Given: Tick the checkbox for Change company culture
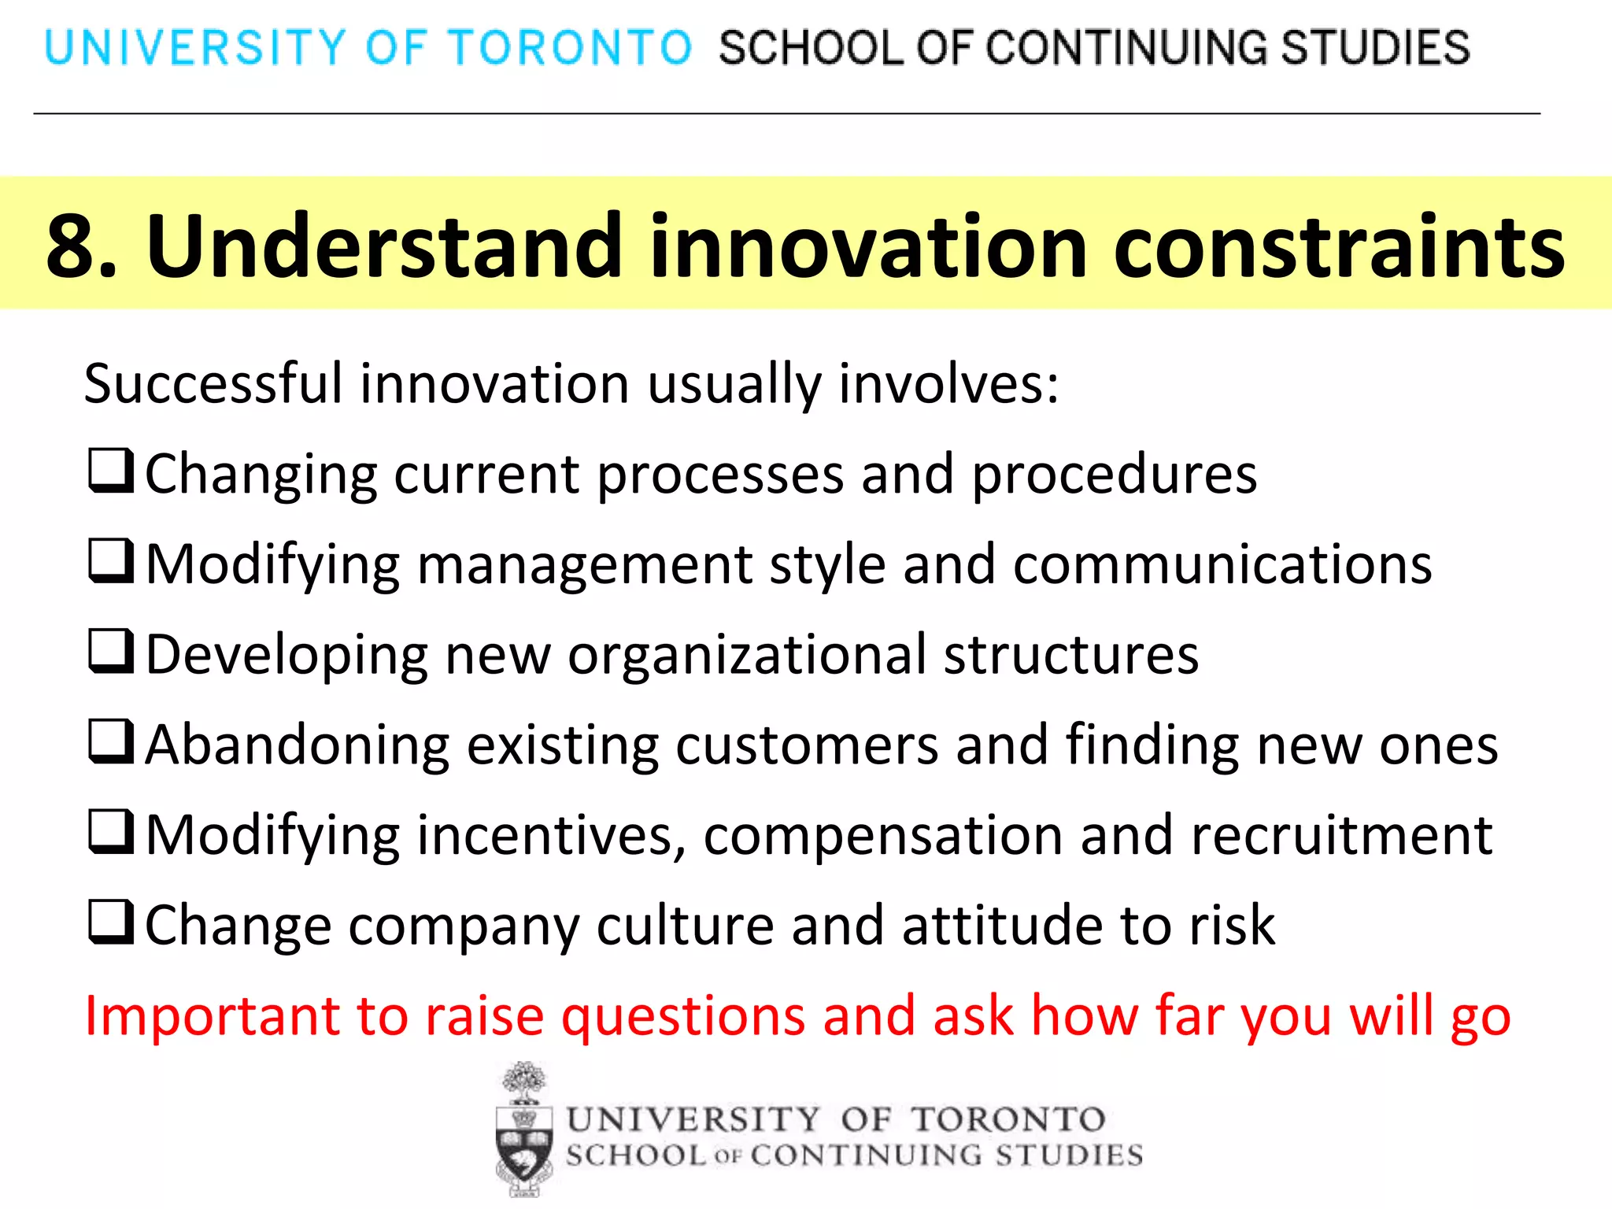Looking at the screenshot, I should point(110,922).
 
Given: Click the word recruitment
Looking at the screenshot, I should point(1341,836).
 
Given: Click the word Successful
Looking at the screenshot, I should point(213,384).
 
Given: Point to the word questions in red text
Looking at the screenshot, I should point(682,1017).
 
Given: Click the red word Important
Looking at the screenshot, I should point(211,1017).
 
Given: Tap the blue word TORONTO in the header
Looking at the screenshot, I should point(570,47).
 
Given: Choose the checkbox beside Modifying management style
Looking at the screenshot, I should point(110,561).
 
